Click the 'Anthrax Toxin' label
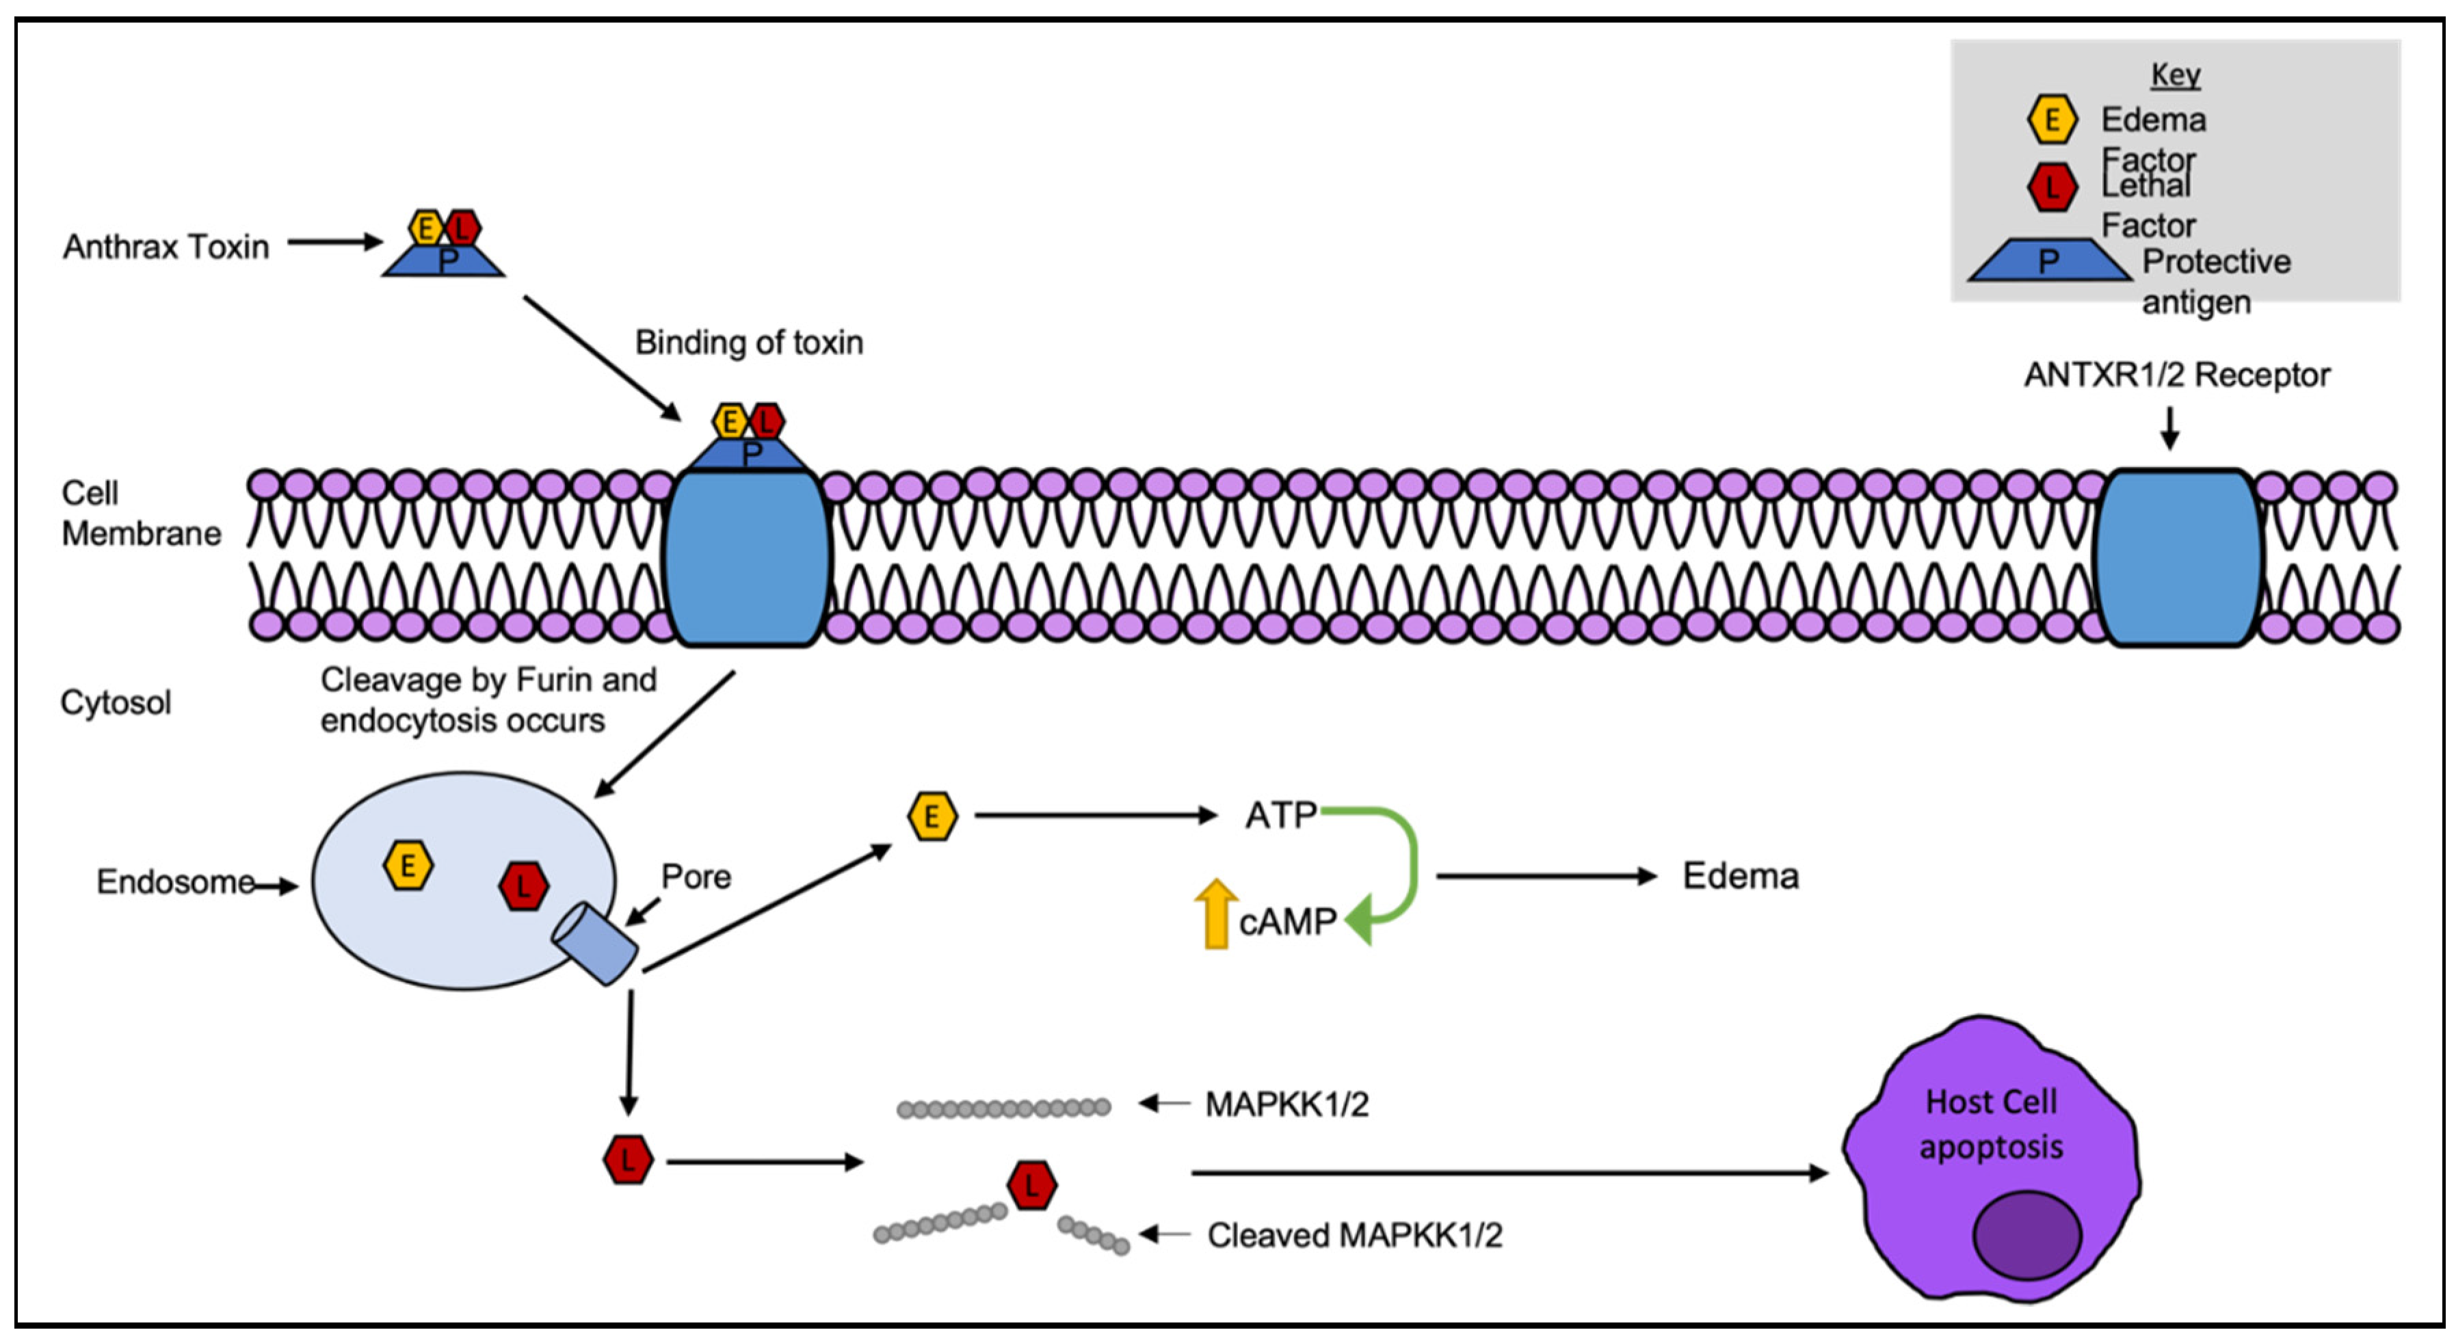(x=166, y=247)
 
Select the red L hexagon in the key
(x=2051, y=187)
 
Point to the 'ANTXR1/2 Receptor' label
(x=2177, y=375)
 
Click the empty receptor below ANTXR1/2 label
(x=2178, y=557)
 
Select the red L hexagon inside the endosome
(x=523, y=886)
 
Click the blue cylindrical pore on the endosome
(x=595, y=944)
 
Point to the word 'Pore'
(x=696, y=877)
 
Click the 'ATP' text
(x=1280, y=816)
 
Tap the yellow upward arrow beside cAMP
(x=1215, y=913)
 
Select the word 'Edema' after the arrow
(x=1740, y=876)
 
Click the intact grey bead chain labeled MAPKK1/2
(x=1004, y=1108)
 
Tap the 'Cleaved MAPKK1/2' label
(x=1354, y=1235)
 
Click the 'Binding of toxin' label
(x=750, y=342)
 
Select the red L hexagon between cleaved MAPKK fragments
(x=1031, y=1185)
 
